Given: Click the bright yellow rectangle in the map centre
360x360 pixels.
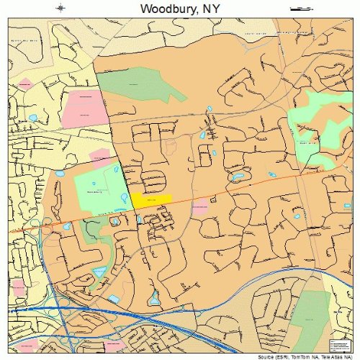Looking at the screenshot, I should pos(151,199).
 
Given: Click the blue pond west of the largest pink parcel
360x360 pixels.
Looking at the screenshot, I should pos(33,117).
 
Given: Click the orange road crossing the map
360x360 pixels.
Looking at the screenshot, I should pos(238,189).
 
